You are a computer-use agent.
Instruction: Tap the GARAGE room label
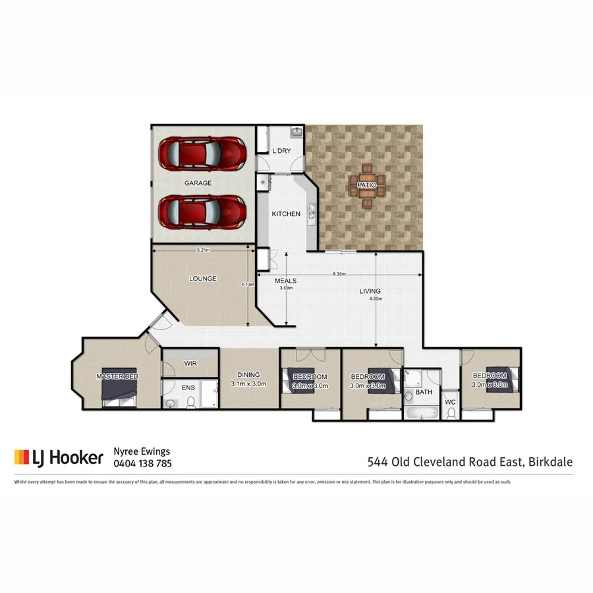pos(198,183)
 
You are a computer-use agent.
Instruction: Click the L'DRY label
pos(281,152)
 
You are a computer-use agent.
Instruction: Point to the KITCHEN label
pos(286,214)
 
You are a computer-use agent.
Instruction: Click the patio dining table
pos(366,186)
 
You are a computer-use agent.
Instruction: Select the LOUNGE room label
pos(202,279)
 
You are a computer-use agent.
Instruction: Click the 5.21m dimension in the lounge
pos(204,250)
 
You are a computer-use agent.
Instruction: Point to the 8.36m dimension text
pos(339,274)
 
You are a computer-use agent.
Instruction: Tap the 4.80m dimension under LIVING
pos(376,298)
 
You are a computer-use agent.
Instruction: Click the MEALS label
pos(285,281)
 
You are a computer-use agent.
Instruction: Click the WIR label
pos(190,363)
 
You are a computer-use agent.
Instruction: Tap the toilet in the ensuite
pos(191,401)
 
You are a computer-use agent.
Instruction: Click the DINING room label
pos(248,375)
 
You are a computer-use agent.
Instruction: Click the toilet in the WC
pos(451,413)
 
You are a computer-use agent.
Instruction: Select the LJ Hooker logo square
pos(22,457)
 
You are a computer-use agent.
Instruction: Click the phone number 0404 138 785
pos(143,463)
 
